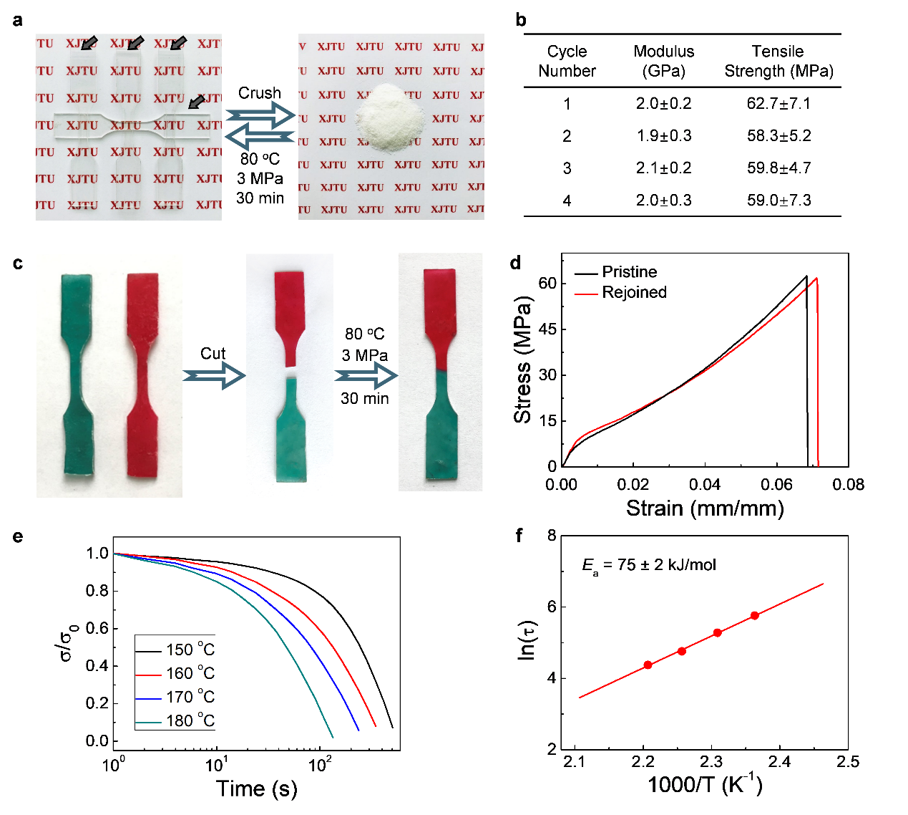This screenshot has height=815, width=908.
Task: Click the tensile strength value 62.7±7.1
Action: click(x=778, y=104)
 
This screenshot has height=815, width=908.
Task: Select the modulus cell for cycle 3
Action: click(x=663, y=168)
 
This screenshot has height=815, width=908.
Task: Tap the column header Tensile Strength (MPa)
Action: click(x=778, y=62)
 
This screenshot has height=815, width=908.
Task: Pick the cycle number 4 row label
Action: click(x=567, y=201)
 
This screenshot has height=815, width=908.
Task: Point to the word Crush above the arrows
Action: click(x=260, y=93)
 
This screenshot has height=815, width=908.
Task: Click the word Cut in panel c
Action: click(x=213, y=353)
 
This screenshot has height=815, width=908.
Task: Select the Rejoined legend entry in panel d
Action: click(x=634, y=292)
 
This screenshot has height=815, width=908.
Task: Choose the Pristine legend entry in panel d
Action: click(x=629, y=272)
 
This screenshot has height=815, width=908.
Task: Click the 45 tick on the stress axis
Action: click(x=547, y=329)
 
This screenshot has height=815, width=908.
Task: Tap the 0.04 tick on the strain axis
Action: click(x=705, y=485)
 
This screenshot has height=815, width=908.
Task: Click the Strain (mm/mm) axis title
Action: click(x=705, y=508)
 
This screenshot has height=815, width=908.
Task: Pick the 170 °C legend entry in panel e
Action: click(x=190, y=697)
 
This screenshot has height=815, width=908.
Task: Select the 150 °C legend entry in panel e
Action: click(x=190, y=650)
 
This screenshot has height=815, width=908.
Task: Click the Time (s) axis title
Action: click(x=256, y=789)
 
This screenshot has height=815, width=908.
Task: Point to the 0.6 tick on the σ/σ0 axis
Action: click(x=97, y=628)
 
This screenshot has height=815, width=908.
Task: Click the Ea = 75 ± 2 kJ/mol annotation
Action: click(x=649, y=565)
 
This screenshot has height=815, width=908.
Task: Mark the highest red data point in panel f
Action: click(x=755, y=615)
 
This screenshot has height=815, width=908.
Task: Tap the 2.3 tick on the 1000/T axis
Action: click(x=711, y=761)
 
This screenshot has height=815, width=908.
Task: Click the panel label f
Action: click(x=519, y=535)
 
